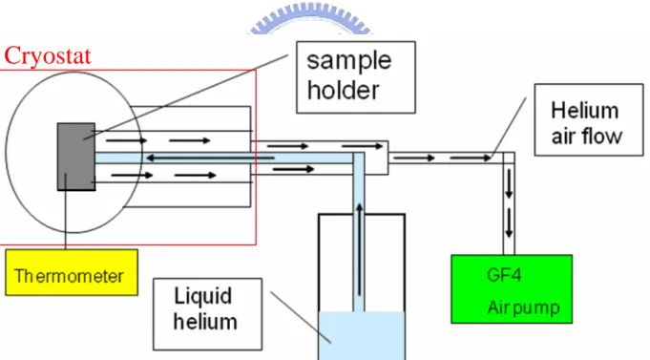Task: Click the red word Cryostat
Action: pyautogui.click(x=48, y=56)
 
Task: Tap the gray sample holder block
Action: pyautogui.click(x=76, y=157)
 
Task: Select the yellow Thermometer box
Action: pyautogui.click(x=72, y=272)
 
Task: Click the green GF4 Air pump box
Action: pyautogui.click(x=512, y=289)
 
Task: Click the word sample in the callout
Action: pyautogui.click(x=349, y=61)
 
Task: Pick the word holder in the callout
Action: pyautogui.click(x=344, y=90)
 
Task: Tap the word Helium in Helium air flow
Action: pyautogui.click(x=584, y=111)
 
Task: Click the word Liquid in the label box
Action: pyautogui.click(x=202, y=296)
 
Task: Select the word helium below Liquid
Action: pyautogui.click(x=205, y=322)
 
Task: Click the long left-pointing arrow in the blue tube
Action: pyautogui.click(x=210, y=158)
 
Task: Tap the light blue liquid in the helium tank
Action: pyautogui.click(x=362, y=335)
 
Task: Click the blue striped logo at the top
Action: pyautogui.click(x=310, y=20)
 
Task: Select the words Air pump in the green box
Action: pyautogui.click(x=524, y=307)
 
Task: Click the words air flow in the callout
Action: pyautogui.click(x=587, y=136)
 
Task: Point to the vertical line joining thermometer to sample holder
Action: pyautogui.click(x=66, y=212)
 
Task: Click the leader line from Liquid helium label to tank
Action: pyautogui.click(x=301, y=318)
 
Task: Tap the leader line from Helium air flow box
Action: pyautogui.click(x=508, y=128)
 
